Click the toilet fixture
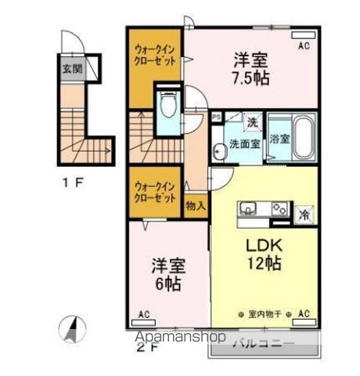tap(167, 106)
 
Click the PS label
tap(216, 117)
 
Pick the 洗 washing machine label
tap(253, 122)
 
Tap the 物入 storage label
tap(196, 206)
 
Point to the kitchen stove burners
tap(277, 208)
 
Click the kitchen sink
tap(248, 208)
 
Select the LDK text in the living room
tap(264, 244)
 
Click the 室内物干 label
tap(263, 314)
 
